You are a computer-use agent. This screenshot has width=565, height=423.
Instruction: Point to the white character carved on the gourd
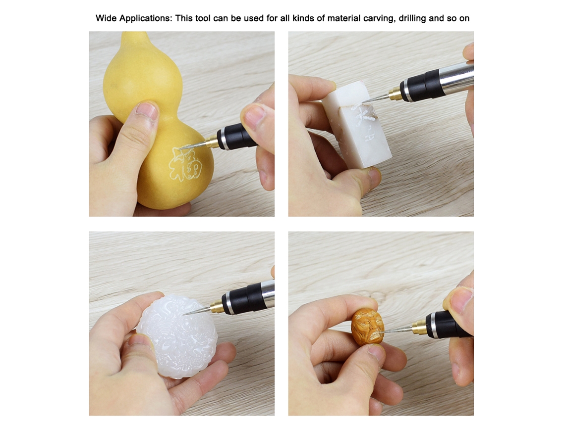pos(185,164)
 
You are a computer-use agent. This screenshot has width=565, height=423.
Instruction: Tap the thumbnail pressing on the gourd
pos(148,111)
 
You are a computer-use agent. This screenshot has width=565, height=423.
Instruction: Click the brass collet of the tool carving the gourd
pos(212,141)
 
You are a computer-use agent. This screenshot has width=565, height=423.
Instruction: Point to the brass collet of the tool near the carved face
pos(419,327)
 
